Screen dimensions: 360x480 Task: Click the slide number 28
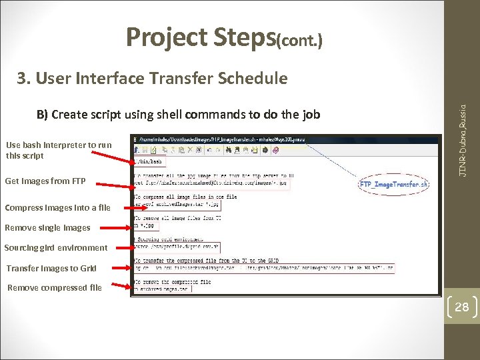click(x=461, y=307)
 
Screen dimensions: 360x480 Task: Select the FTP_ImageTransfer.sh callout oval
click(x=394, y=184)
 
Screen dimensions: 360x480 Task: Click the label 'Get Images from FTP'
click(x=45, y=181)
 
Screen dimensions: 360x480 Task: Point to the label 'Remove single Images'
click(x=47, y=228)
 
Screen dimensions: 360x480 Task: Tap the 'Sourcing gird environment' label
click(x=55, y=248)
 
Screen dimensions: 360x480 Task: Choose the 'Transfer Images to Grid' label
click(x=51, y=269)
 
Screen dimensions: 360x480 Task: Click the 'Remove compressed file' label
click(x=55, y=288)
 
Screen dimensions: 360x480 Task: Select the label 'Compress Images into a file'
click(x=57, y=207)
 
